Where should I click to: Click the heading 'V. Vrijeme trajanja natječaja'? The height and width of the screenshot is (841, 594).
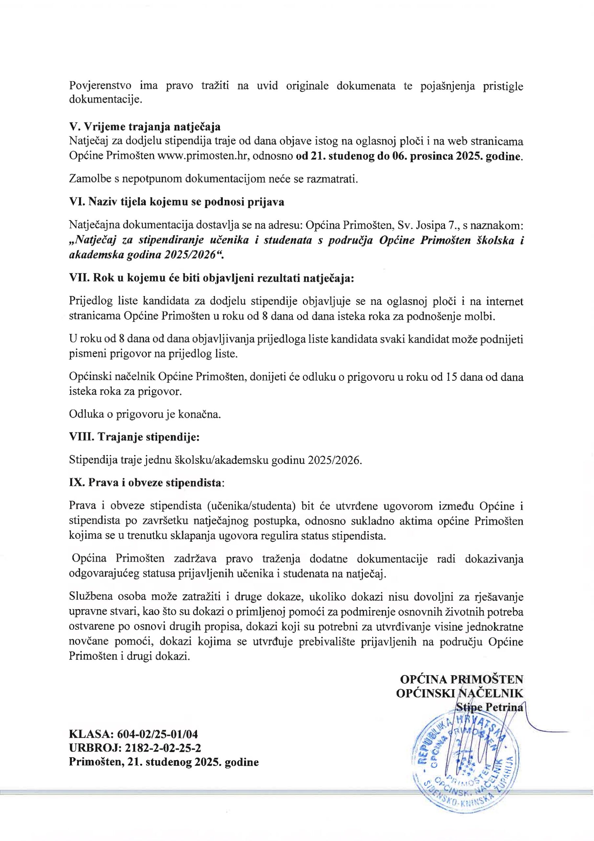tap(145, 127)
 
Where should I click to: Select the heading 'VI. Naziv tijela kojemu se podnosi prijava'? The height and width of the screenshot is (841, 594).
tap(177, 202)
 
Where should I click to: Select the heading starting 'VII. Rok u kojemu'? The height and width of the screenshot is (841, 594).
tap(211, 278)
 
